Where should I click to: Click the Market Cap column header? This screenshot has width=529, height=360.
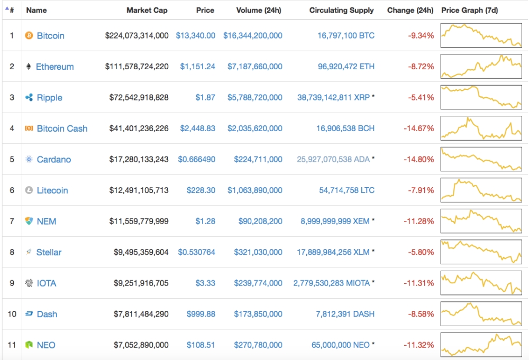click(147, 10)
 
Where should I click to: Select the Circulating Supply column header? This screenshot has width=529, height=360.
click(341, 10)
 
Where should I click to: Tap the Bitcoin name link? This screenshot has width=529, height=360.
click(51, 36)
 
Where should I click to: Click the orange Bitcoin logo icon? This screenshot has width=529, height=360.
click(29, 36)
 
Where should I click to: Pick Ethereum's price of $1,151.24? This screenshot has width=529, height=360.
click(197, 67)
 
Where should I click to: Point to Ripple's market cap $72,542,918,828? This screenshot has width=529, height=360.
click(139, 98)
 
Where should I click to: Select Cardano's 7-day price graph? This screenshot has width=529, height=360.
click(481, 160)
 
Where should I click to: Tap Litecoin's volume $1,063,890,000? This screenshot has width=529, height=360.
click(255, 190)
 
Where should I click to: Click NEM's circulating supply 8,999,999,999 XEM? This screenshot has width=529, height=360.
click(335, 221)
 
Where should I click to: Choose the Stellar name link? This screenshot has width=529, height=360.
click(49, 252)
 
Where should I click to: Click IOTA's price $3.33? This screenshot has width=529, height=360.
click(205, 283)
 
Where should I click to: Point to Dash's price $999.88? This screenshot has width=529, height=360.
click(201, 314)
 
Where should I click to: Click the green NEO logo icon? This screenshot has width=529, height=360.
click(29, 345)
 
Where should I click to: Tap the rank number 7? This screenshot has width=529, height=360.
click(12, 221)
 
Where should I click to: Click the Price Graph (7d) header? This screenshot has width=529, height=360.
click(469, 10)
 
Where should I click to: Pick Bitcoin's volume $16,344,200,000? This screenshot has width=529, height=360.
click(253, 36)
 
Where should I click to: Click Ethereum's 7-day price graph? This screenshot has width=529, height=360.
click(481, 67)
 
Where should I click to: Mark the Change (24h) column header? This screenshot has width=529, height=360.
click(410, 10)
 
